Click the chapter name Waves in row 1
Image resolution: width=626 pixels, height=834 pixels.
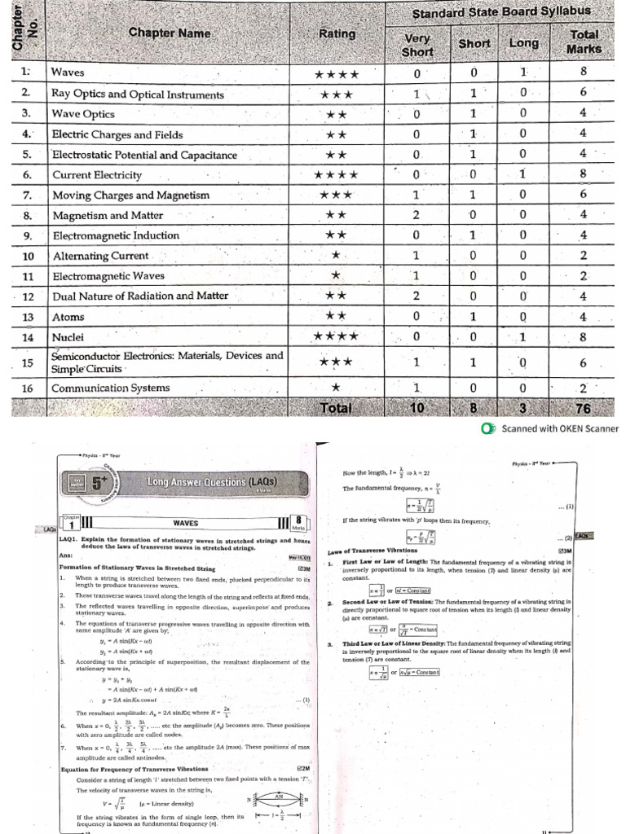coord(68,72)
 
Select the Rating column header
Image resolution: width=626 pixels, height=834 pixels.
coord(337,34)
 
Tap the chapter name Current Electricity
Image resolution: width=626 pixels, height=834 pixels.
coord(97,175)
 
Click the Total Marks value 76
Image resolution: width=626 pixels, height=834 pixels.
coord(584,408)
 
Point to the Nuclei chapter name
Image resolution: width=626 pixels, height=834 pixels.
coord(69,336)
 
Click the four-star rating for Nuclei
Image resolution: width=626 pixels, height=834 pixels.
coord(336,336)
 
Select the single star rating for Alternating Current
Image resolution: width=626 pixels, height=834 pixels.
coord(336,256)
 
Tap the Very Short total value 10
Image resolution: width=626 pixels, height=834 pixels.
coord(416,408)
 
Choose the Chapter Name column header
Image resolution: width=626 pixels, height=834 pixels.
coord(170,34)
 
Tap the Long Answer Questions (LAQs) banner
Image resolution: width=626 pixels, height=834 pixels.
coord(211,482)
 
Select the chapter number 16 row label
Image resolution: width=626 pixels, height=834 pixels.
coord(26,388)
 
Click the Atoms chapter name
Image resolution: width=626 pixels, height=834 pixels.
coord(68,317)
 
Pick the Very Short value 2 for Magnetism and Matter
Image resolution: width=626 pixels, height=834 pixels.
coord(416,216)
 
